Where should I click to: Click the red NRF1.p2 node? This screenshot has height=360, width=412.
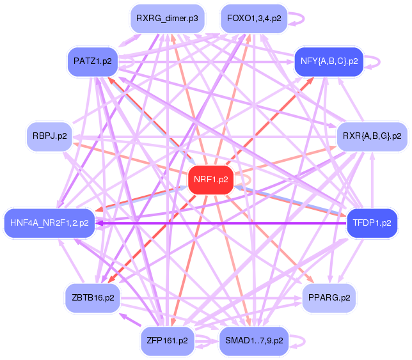pyautogui.click(x=210, y=180)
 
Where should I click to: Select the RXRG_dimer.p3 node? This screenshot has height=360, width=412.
pyautogui.click(x=162, y=19)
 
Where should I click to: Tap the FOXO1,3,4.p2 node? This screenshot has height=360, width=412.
pyautogui.click(x=253, y=19)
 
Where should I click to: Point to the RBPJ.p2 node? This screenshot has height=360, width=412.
pyautogui.click(x=49, y=136)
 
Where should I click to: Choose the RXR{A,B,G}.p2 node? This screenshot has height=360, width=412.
pyautogui.click(x=372, y=136)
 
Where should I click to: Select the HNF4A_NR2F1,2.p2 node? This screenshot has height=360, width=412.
pyautogui.click(x=49, y=223)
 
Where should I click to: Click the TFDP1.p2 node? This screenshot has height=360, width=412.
pyautogui.click(x=372, y=223)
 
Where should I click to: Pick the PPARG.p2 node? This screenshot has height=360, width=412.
pyautogui.click(x=329, y=298)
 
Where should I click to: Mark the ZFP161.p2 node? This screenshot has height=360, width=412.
pyautogui.click(x=168, y=340)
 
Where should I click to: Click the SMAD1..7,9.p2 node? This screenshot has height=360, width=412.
pyautogui.click(x=254, y=340)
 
